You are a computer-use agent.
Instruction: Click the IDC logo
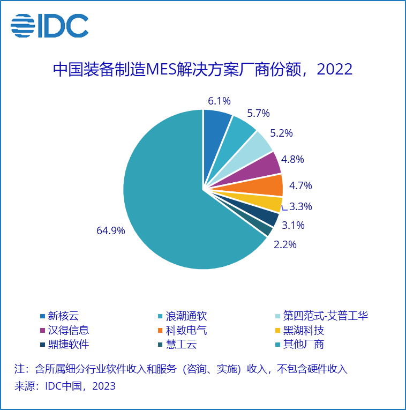[x=49, y=25]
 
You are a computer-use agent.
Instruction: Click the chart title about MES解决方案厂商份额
[x=202, y=69]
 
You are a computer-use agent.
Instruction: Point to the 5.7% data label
[x=258, y=113]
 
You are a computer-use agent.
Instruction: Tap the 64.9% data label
[x=111, y=231]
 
